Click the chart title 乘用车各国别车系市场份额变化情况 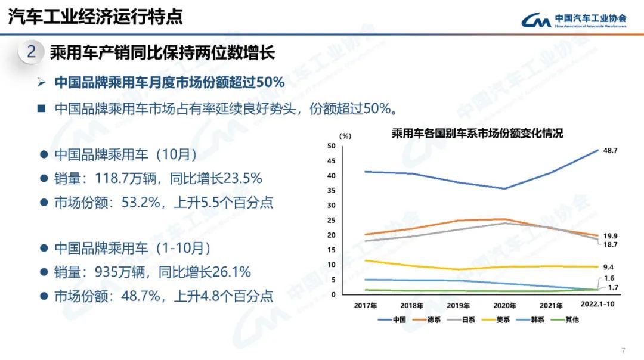pos(477,134)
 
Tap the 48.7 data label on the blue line pos(609,151)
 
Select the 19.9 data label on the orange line pos(609,236)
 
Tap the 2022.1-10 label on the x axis pos(597,305)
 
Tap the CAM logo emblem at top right pos(537,21)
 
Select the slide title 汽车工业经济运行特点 pos(95,17)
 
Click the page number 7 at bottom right pos(624,350)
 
